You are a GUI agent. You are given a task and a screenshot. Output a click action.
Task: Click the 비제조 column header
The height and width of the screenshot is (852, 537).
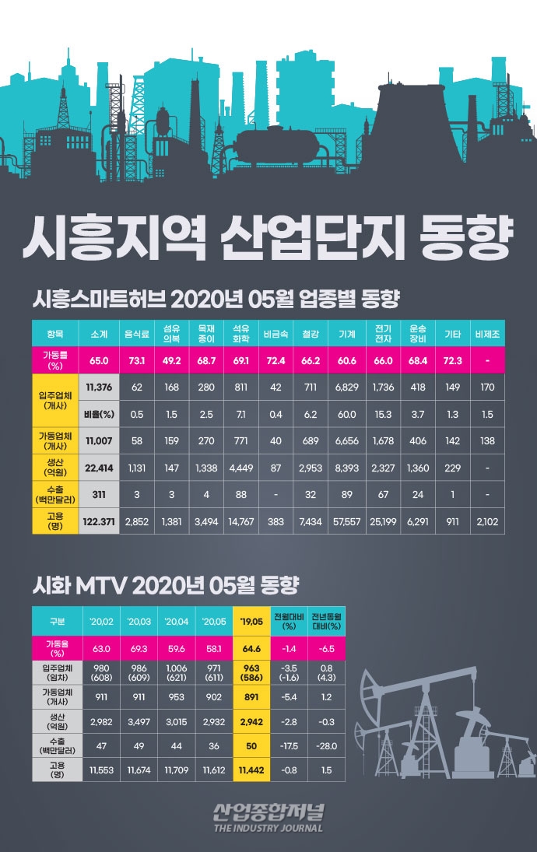(x=487, y=334)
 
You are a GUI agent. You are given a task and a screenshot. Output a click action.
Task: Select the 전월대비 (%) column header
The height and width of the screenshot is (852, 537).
(x=288, y=622)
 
